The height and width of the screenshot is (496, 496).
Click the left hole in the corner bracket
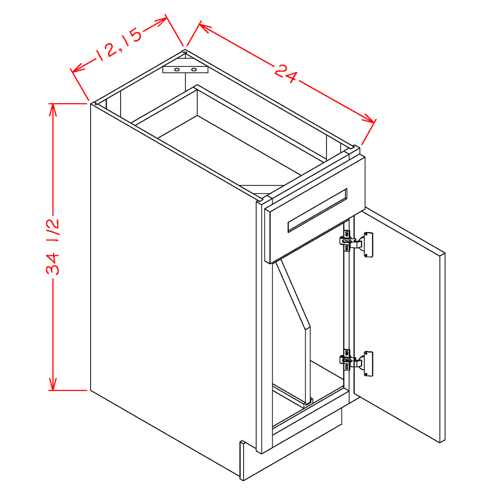(x=177, y=70)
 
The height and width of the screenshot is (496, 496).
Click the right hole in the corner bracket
(x=194, y=70)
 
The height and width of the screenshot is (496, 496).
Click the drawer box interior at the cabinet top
(x=232, y=136)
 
